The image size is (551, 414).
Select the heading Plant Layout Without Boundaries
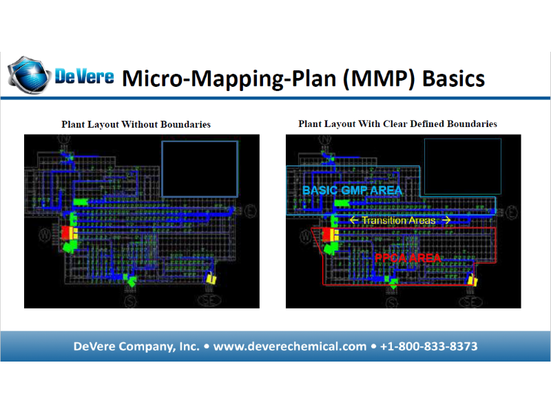click(x=136, y=125)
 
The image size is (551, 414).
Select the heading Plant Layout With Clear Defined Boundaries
click(x=397, y=124)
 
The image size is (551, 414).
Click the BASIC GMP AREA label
click(x=352, y=190)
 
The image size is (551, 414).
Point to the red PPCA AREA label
click(x=408, y=257)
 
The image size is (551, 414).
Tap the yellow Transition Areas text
click(x=398, y=220)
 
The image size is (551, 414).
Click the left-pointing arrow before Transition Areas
click(x=354, y=220)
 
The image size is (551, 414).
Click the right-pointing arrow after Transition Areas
click(x=446, y=220)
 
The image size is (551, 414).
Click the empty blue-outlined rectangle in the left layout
click(x=199, y=168)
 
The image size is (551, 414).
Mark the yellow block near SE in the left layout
click(x=211, y=279)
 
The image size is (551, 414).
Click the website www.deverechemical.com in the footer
click(x=290, y=346)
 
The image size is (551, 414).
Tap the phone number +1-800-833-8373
click(x=428, y=346)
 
